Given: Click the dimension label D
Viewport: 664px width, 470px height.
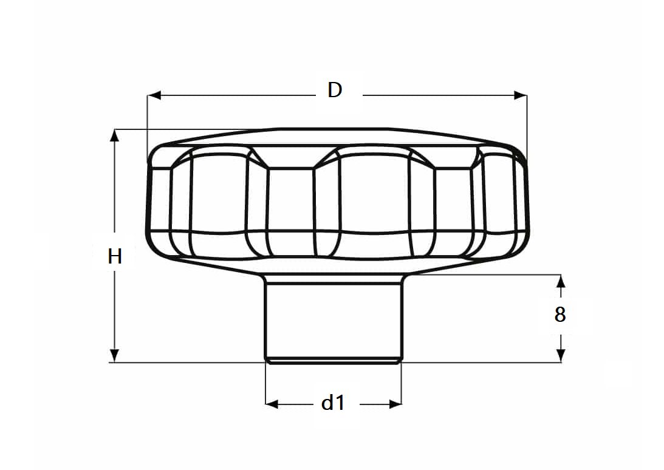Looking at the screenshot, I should (335, 90).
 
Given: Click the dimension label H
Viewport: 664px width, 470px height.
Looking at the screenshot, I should (115, 257).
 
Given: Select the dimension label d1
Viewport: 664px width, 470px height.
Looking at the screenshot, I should (333, 403).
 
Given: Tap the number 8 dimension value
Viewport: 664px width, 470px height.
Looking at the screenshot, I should (560, 315).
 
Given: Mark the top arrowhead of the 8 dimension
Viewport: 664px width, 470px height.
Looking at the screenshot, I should (561, 281).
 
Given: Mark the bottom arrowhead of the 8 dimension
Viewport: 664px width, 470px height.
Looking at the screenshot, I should (561, 356).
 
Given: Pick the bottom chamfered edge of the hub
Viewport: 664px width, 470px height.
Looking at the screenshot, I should (333, 361).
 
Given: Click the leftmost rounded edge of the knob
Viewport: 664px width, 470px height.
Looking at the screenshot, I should (149, 200).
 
